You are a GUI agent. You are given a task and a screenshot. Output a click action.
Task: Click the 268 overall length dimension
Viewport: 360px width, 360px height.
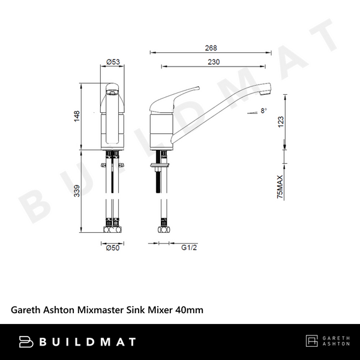pos(210,48)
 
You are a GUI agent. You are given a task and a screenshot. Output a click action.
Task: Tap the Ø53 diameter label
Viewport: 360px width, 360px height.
pos(113,62)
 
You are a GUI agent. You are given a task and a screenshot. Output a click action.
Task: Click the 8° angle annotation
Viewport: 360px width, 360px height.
pos(263,111)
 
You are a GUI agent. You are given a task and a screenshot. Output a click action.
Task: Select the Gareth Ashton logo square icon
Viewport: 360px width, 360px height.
pos(312,342)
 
